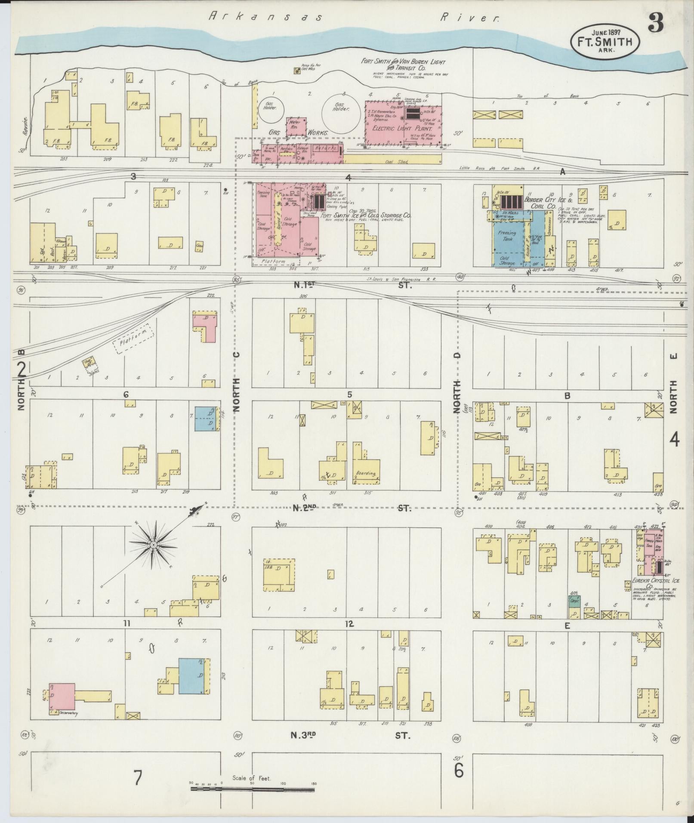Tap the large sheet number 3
pos(655,23)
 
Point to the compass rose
pos(154,546)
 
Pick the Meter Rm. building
pos(296,125)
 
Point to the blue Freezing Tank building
pos(508,241)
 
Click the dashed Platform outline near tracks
pos(133,339)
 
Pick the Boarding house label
pos(366,474)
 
